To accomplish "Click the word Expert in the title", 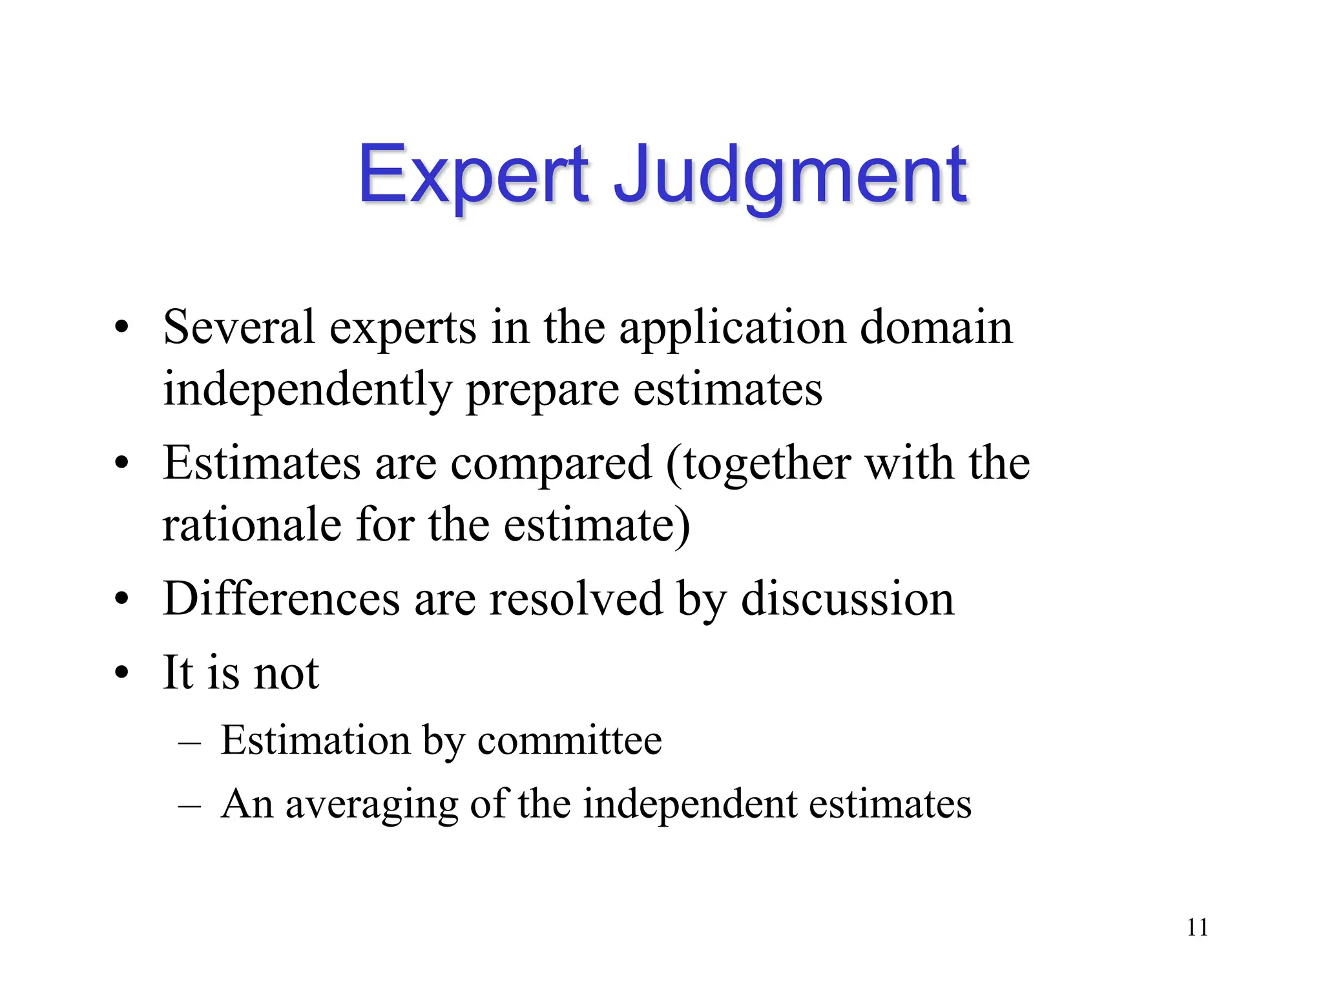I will pyautogui.click(x=474, y=176).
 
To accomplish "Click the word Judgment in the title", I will pyautogui.click(x=789, y=176).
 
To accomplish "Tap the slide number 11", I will pyautogui.click(x=1197, y=928).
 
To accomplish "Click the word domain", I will pyautogui.click(x=936, y=327).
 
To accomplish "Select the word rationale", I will pyautogui.click(x=252, y=524).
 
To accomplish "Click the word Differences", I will pyautogui.click(x=282, y=599).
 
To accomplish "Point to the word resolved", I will pyautogui.click(x=576, y=599).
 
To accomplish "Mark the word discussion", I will pyautogui.click(x=847, y=599).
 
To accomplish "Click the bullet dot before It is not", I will pyautogui.click(x=121, y=674).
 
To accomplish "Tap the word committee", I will pyautogui.click(x=570, y=740).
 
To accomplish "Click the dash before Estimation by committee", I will pyautogui.click(x=189, y=743).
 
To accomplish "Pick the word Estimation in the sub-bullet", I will pyautogui.click(x=315, y=740).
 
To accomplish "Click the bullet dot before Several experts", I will pyautogui.click(x=121, y=327).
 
